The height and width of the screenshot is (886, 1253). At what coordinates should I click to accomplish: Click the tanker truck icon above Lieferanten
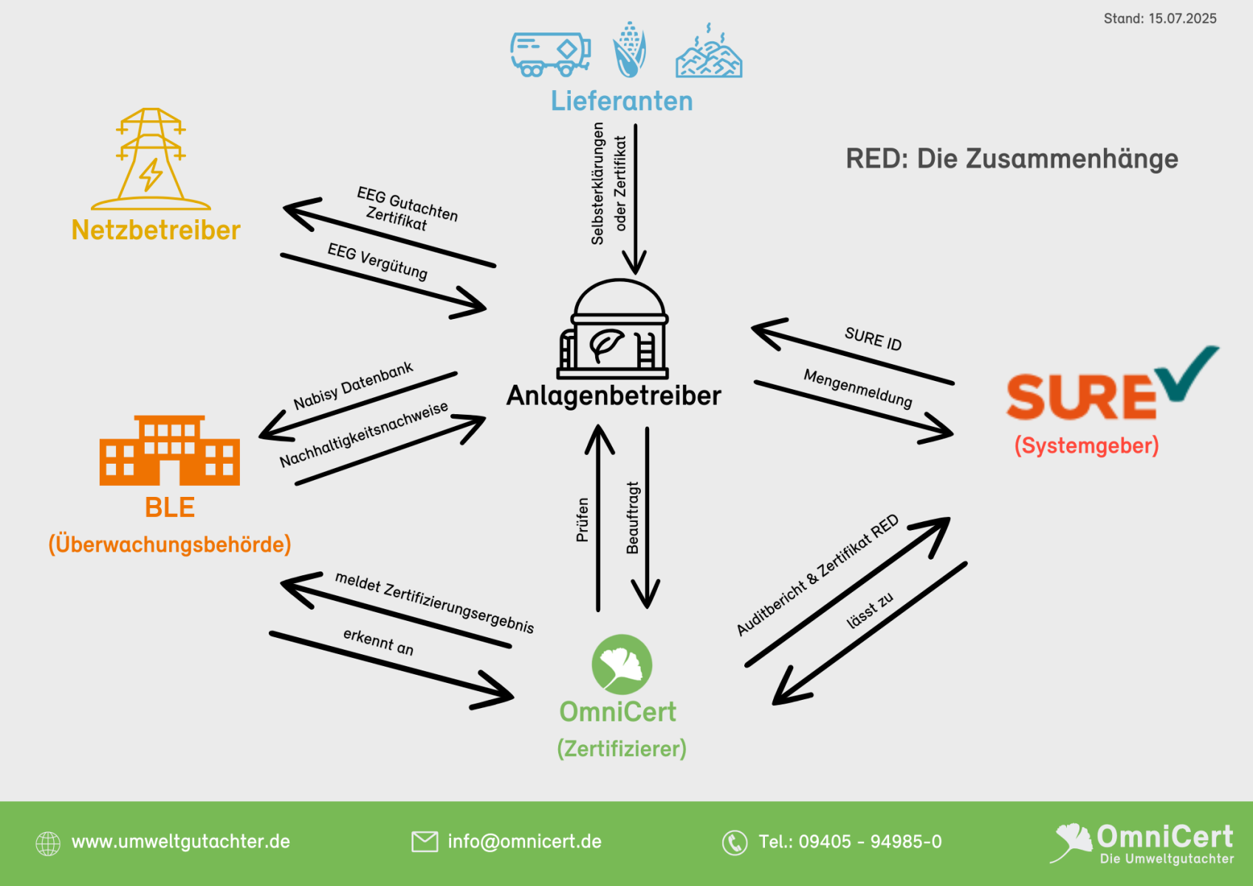[x=550, y=54]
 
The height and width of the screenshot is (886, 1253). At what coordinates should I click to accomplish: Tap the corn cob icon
[x=629, y=50]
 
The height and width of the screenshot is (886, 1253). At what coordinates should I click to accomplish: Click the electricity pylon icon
[x=151, y=159]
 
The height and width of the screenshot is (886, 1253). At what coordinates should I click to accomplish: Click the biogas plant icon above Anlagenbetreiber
[x=613, y=329]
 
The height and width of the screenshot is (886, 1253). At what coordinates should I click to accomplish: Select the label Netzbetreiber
[x=156, y=230]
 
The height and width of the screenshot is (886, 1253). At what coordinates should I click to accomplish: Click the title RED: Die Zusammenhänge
[x=1012, y=159]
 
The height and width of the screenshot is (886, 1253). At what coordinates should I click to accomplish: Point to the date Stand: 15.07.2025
[x=1160, y=18]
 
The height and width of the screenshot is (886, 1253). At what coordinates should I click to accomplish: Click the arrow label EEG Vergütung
[x=377, y=261]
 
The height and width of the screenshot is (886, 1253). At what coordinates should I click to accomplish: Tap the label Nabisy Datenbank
[x=353, y=385]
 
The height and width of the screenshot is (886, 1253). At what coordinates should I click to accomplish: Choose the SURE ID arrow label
[x=873, y=339]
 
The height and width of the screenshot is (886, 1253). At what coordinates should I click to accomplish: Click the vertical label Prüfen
[x=583, y=520]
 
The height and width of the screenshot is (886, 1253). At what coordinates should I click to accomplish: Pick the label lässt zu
[x=870, y=610]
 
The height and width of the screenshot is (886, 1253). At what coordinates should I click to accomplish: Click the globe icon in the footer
[x=48, y=842]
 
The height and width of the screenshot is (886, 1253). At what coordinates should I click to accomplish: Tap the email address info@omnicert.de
[x=524, y=842]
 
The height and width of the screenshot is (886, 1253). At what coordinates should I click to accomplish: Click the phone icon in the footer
[x=735, y=842]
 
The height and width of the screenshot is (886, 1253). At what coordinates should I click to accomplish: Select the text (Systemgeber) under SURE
[x=1086, y=446]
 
